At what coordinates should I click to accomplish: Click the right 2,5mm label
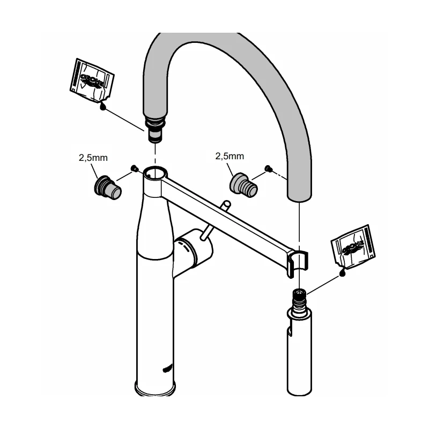pyautogui.click(x=230, y=156)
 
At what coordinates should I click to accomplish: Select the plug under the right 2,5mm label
pyautogui.click(x=243, y=184)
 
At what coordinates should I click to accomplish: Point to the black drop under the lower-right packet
pyautogui.click(x=342, y=274)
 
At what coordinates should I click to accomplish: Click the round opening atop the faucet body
pyautogui.click(x=155, y=173)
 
